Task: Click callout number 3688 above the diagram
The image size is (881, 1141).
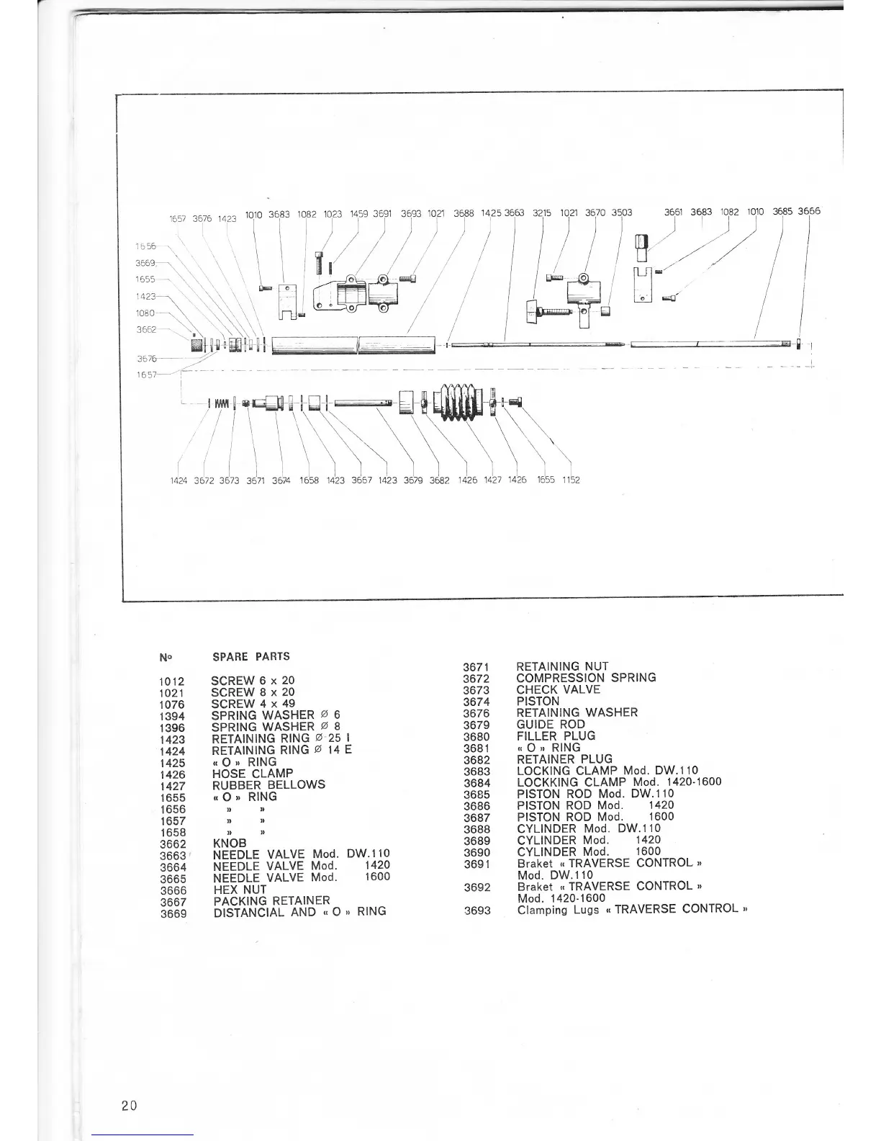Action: tap(465, 213)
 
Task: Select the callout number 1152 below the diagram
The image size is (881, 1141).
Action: tap(571, 480)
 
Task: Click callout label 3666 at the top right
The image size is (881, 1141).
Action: tap(809, 212)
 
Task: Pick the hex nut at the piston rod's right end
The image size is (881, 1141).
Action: tap(799, 344)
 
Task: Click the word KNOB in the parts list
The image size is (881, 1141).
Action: tap(230, 843)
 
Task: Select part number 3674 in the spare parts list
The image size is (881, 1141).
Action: tap(476, 702)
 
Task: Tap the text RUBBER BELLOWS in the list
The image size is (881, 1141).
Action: tap(268, 784)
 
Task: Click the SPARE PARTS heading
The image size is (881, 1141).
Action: tap(251, 657)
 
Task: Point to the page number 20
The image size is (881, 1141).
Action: tap(130, 1105)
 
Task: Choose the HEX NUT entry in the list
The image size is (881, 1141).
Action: tap(240, 889)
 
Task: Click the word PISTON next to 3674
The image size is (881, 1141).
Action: tap(538, 701)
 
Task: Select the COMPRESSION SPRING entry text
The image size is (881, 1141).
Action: tap(586, 678)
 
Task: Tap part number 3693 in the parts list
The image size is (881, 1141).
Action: tap(477, 910)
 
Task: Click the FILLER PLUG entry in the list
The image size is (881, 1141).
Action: tap(556, 736)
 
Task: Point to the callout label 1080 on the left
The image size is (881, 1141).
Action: tap(145, 313)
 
